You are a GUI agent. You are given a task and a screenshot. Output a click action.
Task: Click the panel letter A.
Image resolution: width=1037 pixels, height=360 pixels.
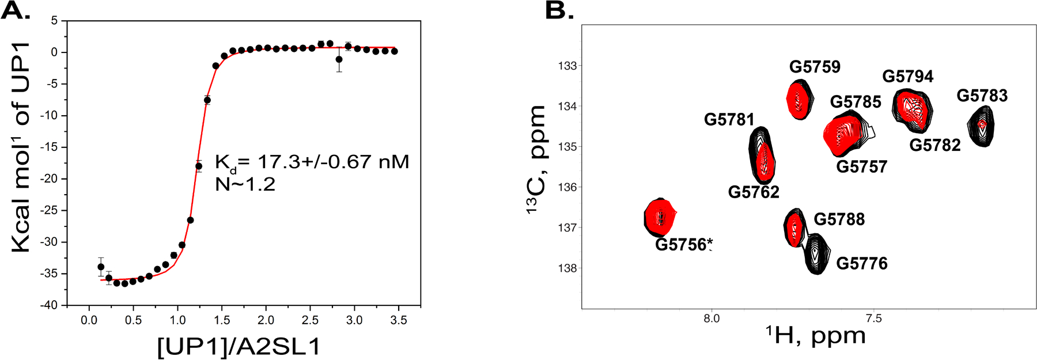click(x=16, y=10)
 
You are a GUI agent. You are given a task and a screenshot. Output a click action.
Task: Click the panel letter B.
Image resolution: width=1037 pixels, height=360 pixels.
click(x=559, y=10)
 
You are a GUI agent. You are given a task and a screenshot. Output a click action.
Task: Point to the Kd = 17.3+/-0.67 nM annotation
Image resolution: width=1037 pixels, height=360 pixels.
click(x=312, y=162)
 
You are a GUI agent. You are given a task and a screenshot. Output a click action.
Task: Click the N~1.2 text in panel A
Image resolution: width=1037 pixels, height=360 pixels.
click(x=245, y=184)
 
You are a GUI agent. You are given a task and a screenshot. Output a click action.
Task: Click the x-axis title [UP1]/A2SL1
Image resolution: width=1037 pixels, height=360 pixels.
click(x=239, y=347)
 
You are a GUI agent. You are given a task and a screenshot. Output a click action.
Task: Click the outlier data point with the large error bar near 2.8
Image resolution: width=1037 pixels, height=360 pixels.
click(x=339, y=59)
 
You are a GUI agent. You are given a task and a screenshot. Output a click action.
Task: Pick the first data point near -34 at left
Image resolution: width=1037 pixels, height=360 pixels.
click(x=101, y=267)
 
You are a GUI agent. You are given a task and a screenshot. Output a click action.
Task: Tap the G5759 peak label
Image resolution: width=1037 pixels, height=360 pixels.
click(x=815, y=67)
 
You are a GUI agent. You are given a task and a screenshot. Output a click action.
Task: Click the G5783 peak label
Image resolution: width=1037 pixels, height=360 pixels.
click(x=982, y=96)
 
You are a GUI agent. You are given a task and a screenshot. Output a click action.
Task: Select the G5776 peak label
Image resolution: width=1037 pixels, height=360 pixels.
click(x=861, y=264)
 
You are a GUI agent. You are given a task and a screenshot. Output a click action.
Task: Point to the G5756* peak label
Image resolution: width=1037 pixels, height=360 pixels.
click(x=681, y=245)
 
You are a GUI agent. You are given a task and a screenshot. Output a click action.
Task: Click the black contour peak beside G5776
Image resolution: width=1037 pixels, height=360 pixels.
click(x=816, y=253)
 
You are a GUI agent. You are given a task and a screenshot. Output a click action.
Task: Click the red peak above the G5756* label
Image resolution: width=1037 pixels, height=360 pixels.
click(x=660, y=217)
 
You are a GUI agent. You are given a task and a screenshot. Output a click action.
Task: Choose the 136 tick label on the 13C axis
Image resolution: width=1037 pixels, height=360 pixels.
click(x=567, y=187)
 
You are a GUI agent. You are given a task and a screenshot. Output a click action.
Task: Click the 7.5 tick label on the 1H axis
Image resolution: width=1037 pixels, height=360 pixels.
click(x=873, y=319)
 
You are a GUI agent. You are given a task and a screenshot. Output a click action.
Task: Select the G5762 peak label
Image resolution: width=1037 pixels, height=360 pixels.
click(x=753, y=192)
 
